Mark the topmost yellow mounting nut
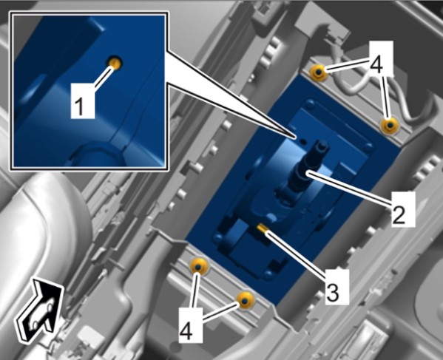click(318, 72)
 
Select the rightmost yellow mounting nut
click(390, 125)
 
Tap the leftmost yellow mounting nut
click(198, 266)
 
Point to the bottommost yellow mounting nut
click(245, 300)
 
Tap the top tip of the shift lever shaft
click(322, 143)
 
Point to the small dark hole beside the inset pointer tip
click(303, 140)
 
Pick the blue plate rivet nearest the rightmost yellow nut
click(368, 146)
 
